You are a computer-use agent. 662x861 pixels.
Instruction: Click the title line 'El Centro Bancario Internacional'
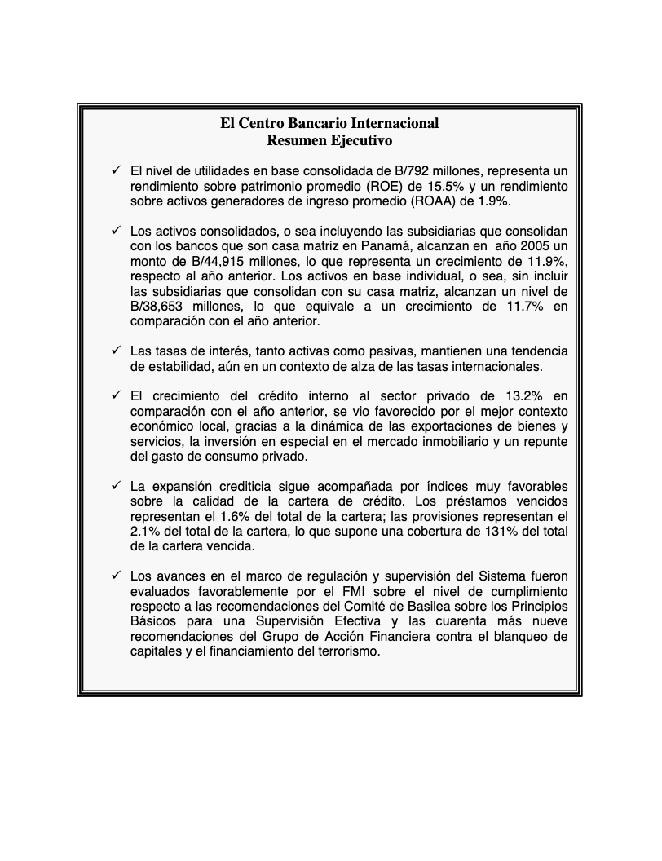[329, 123]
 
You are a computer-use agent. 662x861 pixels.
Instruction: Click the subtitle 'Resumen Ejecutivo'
[329, 140]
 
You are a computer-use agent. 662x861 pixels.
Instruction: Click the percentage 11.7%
[508, 307]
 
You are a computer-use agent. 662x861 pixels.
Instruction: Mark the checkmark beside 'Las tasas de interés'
[116, 351]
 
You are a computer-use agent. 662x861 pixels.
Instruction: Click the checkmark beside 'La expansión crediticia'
[116, 487]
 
